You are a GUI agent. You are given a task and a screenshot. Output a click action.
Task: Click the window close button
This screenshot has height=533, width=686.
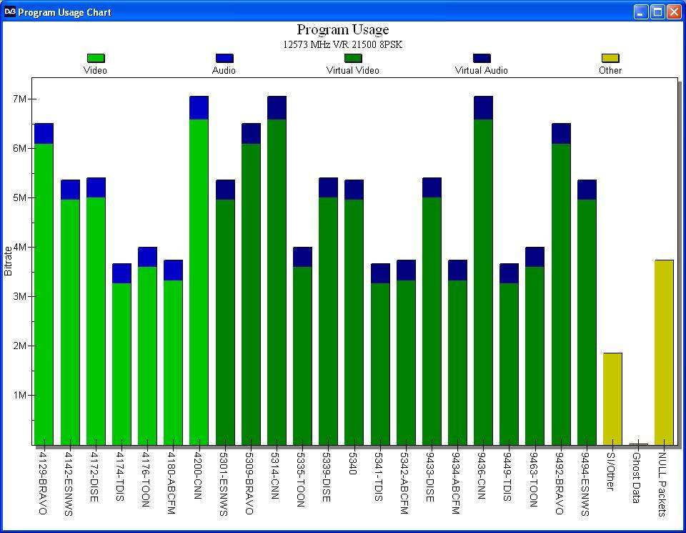coord(673,12)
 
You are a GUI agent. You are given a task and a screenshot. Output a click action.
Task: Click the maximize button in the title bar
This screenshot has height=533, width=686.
coord(657,12)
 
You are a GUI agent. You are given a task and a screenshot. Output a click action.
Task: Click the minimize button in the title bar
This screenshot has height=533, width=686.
coord(641,12)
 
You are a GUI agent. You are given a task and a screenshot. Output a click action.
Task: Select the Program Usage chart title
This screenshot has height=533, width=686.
coord(343,29)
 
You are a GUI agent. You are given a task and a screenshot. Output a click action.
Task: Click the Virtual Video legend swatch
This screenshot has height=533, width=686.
coord(353,58)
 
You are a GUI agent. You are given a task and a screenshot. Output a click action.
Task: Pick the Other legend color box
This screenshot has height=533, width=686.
coord(610,58)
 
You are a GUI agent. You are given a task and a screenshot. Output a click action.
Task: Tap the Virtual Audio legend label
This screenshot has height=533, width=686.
coord(482,70)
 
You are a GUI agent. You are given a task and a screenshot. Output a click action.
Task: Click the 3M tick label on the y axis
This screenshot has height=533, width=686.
coord(19,296)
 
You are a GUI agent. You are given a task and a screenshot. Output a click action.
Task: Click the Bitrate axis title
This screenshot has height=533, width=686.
coord(9,260)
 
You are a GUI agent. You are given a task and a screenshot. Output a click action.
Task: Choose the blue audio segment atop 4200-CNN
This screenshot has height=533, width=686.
coord(199,107)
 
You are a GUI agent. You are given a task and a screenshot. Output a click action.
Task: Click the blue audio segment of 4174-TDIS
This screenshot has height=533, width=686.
coord(121,273)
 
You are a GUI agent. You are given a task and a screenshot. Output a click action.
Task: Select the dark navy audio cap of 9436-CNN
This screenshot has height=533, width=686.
coord(483,107)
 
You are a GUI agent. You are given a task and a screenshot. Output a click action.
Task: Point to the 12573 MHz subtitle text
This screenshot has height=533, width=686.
coord(343,44)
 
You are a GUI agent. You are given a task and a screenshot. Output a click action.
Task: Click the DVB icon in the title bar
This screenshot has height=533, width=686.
coord(10,12)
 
